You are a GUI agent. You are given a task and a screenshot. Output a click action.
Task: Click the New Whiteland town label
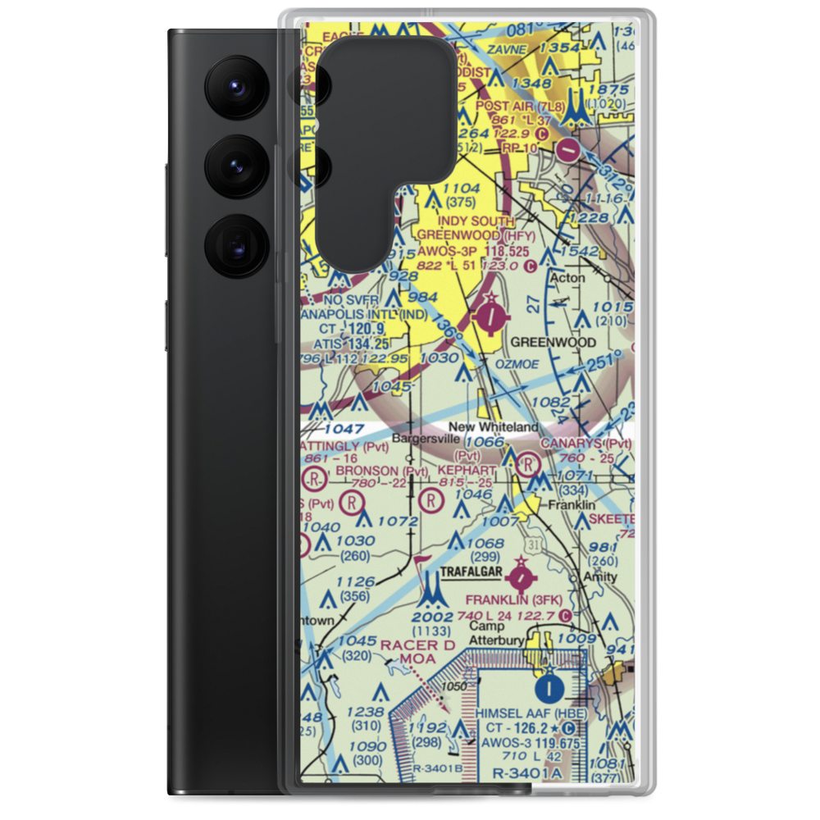(493, 427)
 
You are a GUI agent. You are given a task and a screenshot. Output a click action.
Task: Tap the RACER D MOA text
(418, 652)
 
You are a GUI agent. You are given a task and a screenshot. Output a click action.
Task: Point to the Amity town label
(599, 577)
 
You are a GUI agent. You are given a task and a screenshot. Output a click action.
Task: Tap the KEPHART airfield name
(467, 471)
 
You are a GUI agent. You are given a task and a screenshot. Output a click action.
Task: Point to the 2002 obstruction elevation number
(432, 617)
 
